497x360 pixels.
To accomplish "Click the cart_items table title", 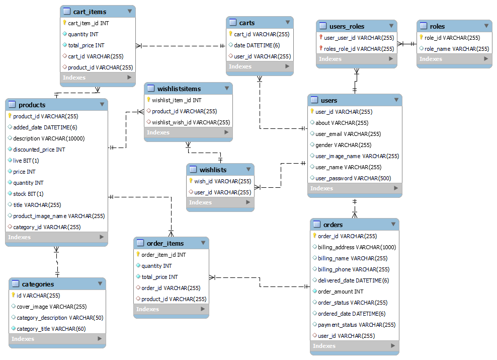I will point(91,11).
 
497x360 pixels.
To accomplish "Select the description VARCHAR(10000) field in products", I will point(49,138).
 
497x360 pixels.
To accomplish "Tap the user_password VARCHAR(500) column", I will point(354,178).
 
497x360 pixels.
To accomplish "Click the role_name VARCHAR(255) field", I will point(456,49).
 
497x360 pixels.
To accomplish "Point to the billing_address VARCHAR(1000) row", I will point(357,247).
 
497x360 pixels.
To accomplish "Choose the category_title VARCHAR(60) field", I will point(51,329).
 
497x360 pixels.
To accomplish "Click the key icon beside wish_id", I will point(191,181).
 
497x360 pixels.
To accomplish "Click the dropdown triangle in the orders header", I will point(392,225).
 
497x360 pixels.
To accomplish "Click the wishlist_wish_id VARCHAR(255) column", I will point(191,122).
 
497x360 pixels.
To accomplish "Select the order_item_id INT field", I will point(163,255).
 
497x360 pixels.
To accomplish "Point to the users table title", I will point(329,100).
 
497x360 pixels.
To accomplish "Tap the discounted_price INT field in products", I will point(39,150).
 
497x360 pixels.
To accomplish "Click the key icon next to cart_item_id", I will point(64,23).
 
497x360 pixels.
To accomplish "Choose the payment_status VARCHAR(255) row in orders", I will point(357,325).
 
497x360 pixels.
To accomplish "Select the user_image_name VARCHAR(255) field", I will point(357,156).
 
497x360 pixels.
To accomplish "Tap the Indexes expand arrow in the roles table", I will point(486,59).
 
